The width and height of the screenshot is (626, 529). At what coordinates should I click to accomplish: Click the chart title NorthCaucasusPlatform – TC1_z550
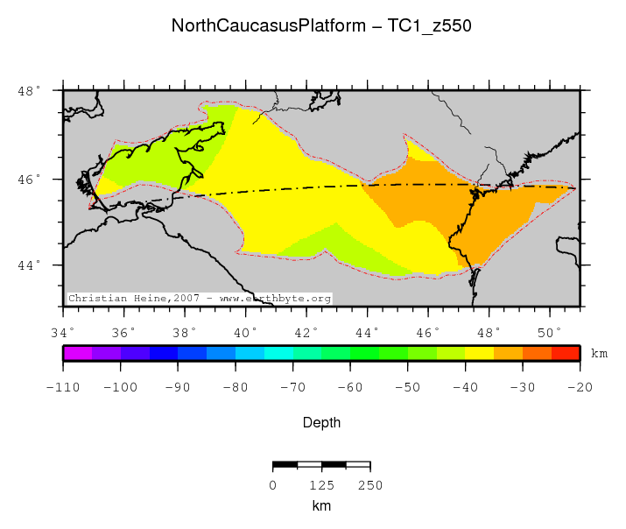(x=321, y=26)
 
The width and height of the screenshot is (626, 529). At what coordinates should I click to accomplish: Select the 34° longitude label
(x=62, y=332)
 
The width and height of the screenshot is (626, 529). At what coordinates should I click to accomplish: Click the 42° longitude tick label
(x=306, y=332)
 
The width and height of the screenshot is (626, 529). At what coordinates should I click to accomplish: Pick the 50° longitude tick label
(x=550, y=332)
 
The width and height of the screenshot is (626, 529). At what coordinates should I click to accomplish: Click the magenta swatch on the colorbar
(x=76, y=354)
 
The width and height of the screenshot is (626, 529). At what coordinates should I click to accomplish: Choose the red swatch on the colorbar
(x=565, y=354)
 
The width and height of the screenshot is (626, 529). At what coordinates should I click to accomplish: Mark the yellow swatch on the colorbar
(x=479, y=354)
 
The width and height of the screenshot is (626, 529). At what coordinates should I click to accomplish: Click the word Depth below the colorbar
(x=321, y=422)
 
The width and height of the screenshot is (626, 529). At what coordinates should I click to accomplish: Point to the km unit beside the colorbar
(x=599, y=355)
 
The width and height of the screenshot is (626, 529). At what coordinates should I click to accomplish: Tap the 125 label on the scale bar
(x=321, y=485)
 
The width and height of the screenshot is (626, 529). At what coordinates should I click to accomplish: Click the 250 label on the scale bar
(x=370, y=485)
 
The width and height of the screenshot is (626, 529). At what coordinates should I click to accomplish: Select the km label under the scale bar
(x=321, y=506)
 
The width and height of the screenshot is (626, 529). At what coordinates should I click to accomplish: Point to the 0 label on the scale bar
(x=273, y=485)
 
